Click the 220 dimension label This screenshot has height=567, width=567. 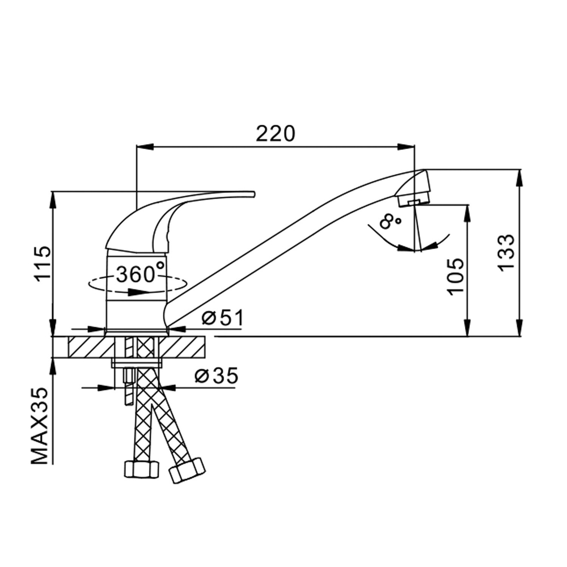coord(276,134)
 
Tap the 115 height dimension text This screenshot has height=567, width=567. coord(43,264)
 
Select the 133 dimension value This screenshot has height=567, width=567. coord(506,252)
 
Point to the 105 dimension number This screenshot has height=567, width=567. coord(455,277)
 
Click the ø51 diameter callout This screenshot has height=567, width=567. coord(223,318)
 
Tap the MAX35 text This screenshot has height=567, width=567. coord(40,426)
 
